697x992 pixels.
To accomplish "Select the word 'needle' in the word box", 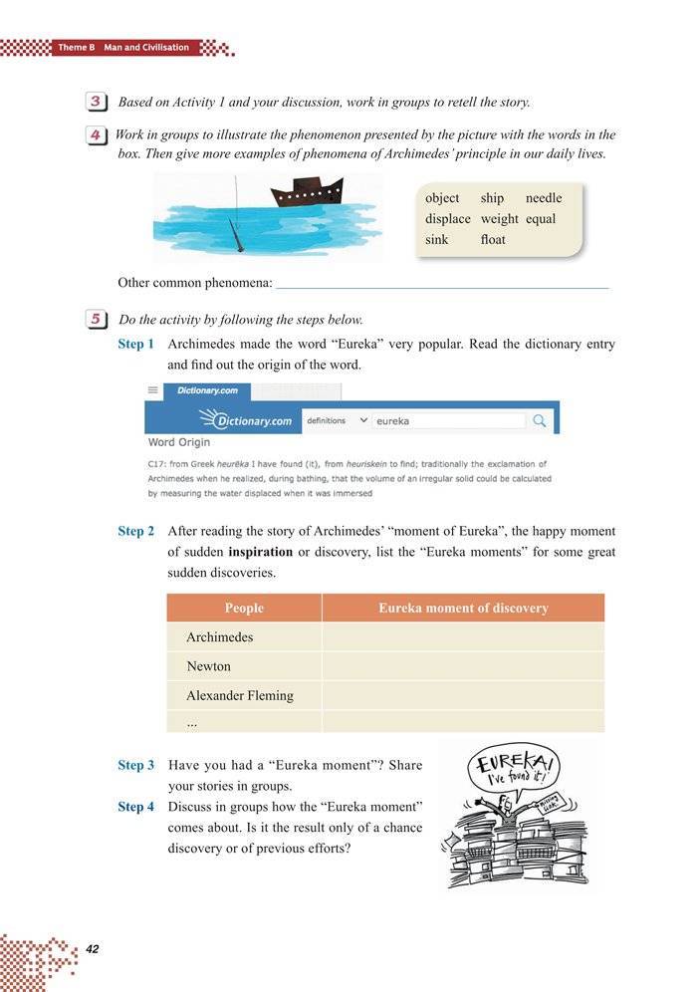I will [x=544, y=198].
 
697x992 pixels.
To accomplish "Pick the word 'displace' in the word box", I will [x=447, y=219].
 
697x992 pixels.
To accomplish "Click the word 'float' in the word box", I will [x=492, y=240].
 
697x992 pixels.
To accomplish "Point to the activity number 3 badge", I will [x=97, y=102].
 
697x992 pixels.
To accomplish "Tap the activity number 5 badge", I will [x=97, y=320].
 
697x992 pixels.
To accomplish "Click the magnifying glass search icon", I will [x=540, y=420].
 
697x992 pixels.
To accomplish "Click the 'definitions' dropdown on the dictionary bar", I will [x=336, y=420].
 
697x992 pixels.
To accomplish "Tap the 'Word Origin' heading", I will [x=178, y=442].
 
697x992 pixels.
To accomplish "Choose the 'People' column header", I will [x=244, y=608].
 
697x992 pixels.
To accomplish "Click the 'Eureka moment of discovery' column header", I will [x=463, y=608].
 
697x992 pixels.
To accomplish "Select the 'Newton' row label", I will [x=208, y=666].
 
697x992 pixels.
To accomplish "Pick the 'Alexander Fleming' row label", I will [x=239, y=695].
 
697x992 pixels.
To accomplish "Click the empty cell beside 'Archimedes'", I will [x=463, y=637].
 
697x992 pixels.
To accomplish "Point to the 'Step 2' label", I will [x=135, y=531].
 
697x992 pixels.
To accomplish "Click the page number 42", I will [x=94, y=947].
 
